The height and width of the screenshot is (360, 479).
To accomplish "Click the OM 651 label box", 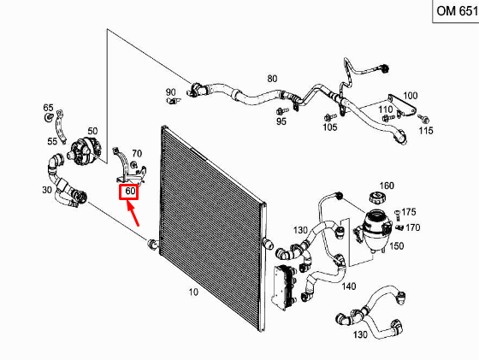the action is tap(456, 11).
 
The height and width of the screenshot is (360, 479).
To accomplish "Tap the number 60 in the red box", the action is tap(130, 191).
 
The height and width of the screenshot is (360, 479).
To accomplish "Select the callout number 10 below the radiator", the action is tap(193, 292).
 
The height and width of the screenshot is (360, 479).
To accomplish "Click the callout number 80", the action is tap(272, 79).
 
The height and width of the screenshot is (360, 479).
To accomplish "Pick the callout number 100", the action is tap(411, 96).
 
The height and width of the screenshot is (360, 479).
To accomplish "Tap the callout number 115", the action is tap(426, 131).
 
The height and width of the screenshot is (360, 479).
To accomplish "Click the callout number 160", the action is tap(387, 186).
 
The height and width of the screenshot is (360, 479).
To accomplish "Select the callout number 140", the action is tap(349, 286).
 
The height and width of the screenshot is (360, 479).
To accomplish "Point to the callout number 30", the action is tap(47, 190).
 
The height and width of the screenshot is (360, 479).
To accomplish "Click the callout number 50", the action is tap(92, 131).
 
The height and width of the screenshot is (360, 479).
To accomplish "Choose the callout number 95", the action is tap(281, 121).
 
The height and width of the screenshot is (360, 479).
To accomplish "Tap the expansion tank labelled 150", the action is tap(374, 229).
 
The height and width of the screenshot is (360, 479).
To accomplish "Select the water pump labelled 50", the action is tap(84, 150).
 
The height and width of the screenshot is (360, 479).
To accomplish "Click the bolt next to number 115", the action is tap(423, 119).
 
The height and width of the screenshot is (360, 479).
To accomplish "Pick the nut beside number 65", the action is tap(48, 117).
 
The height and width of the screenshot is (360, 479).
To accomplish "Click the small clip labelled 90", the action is tap(174, 100).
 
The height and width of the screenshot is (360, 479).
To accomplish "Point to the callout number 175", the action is tap(409, 211).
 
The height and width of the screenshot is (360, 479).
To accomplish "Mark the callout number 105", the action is tap(330, 127).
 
